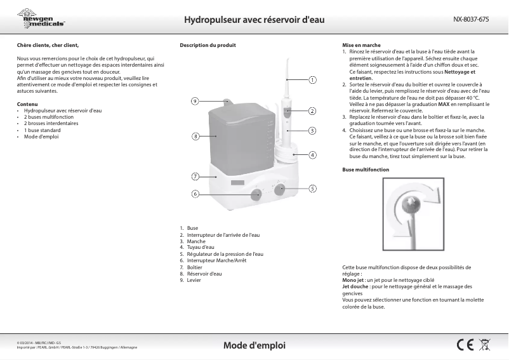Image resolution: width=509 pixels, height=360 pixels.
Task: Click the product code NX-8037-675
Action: coord(471,20)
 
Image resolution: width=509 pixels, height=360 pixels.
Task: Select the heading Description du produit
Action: coord(208,46)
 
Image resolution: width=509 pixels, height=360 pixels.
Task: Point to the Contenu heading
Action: coord(27,104)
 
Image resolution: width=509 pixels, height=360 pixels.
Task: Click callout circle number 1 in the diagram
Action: coord(312,81)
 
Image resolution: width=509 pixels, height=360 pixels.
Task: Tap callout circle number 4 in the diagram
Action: coord(312,155)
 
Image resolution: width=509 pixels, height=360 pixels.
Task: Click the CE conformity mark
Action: coord(465,345)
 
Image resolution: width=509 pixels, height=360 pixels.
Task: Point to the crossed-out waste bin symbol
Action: coord(486,345)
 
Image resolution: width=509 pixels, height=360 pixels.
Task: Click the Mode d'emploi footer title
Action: coord(254,345)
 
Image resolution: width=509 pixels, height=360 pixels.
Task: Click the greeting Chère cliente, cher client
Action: coord(48,46)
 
